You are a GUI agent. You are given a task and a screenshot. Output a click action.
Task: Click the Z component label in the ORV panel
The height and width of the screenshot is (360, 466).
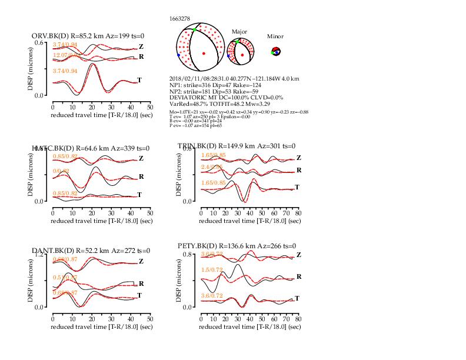[141, 46]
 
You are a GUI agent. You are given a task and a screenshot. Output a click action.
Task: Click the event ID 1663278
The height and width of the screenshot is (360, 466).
[179, 19]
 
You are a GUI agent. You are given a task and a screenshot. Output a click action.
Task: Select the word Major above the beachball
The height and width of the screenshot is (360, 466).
[239, 31]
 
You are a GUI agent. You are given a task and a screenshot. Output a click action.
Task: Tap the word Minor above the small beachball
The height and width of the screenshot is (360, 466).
[275, 36]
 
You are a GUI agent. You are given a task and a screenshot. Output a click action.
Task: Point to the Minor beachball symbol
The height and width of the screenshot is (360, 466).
[275, 52]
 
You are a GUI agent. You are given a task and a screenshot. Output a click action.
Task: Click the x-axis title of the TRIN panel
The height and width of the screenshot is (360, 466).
[250, 221]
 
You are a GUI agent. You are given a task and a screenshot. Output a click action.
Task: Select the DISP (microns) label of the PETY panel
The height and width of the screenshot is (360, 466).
[179, 281]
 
